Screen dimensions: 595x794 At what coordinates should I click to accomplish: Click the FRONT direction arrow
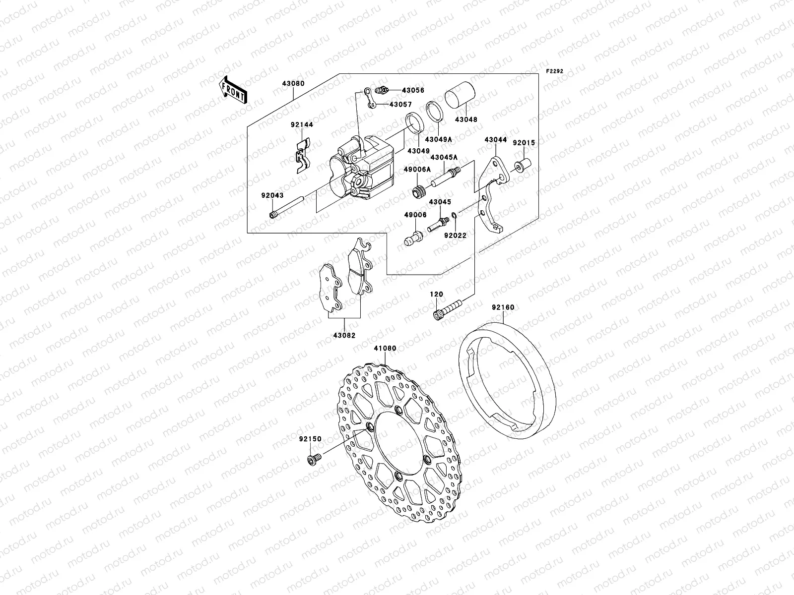point(234,90)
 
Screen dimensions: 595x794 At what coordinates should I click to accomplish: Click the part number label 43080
point(294,84)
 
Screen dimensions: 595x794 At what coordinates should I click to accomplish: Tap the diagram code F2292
point(555,71)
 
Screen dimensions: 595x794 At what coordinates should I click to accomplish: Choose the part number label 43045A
point(444,158)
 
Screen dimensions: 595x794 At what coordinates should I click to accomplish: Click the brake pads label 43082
point(344,335)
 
